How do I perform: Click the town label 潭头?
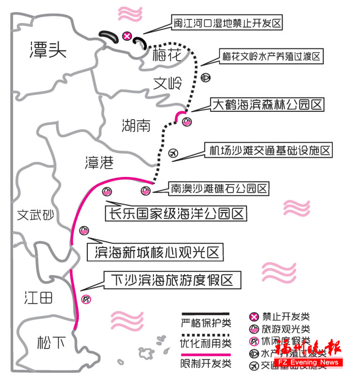click(x=45, y=49)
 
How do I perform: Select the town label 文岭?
click(x=168, y=84)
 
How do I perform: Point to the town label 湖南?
click(x=136, y=125)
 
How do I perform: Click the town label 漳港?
click(x=99, y=162)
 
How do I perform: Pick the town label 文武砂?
click(x=36, y=215)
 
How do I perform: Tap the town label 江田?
click(x=39, y=298)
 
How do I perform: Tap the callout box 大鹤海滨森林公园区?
click(x=268, y=104)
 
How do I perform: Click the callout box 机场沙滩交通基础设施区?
click(x=270, y=151)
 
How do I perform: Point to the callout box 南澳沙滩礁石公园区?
click(x=219, y=189)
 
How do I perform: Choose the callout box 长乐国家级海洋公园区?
click(x=176, y=214)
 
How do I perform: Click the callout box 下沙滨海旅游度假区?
click(x=172, y=280)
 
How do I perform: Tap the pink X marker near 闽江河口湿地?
click(x=126, y=36)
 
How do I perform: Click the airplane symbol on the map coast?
click(x=173, y=153)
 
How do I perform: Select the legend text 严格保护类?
click(x=206, y=323)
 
